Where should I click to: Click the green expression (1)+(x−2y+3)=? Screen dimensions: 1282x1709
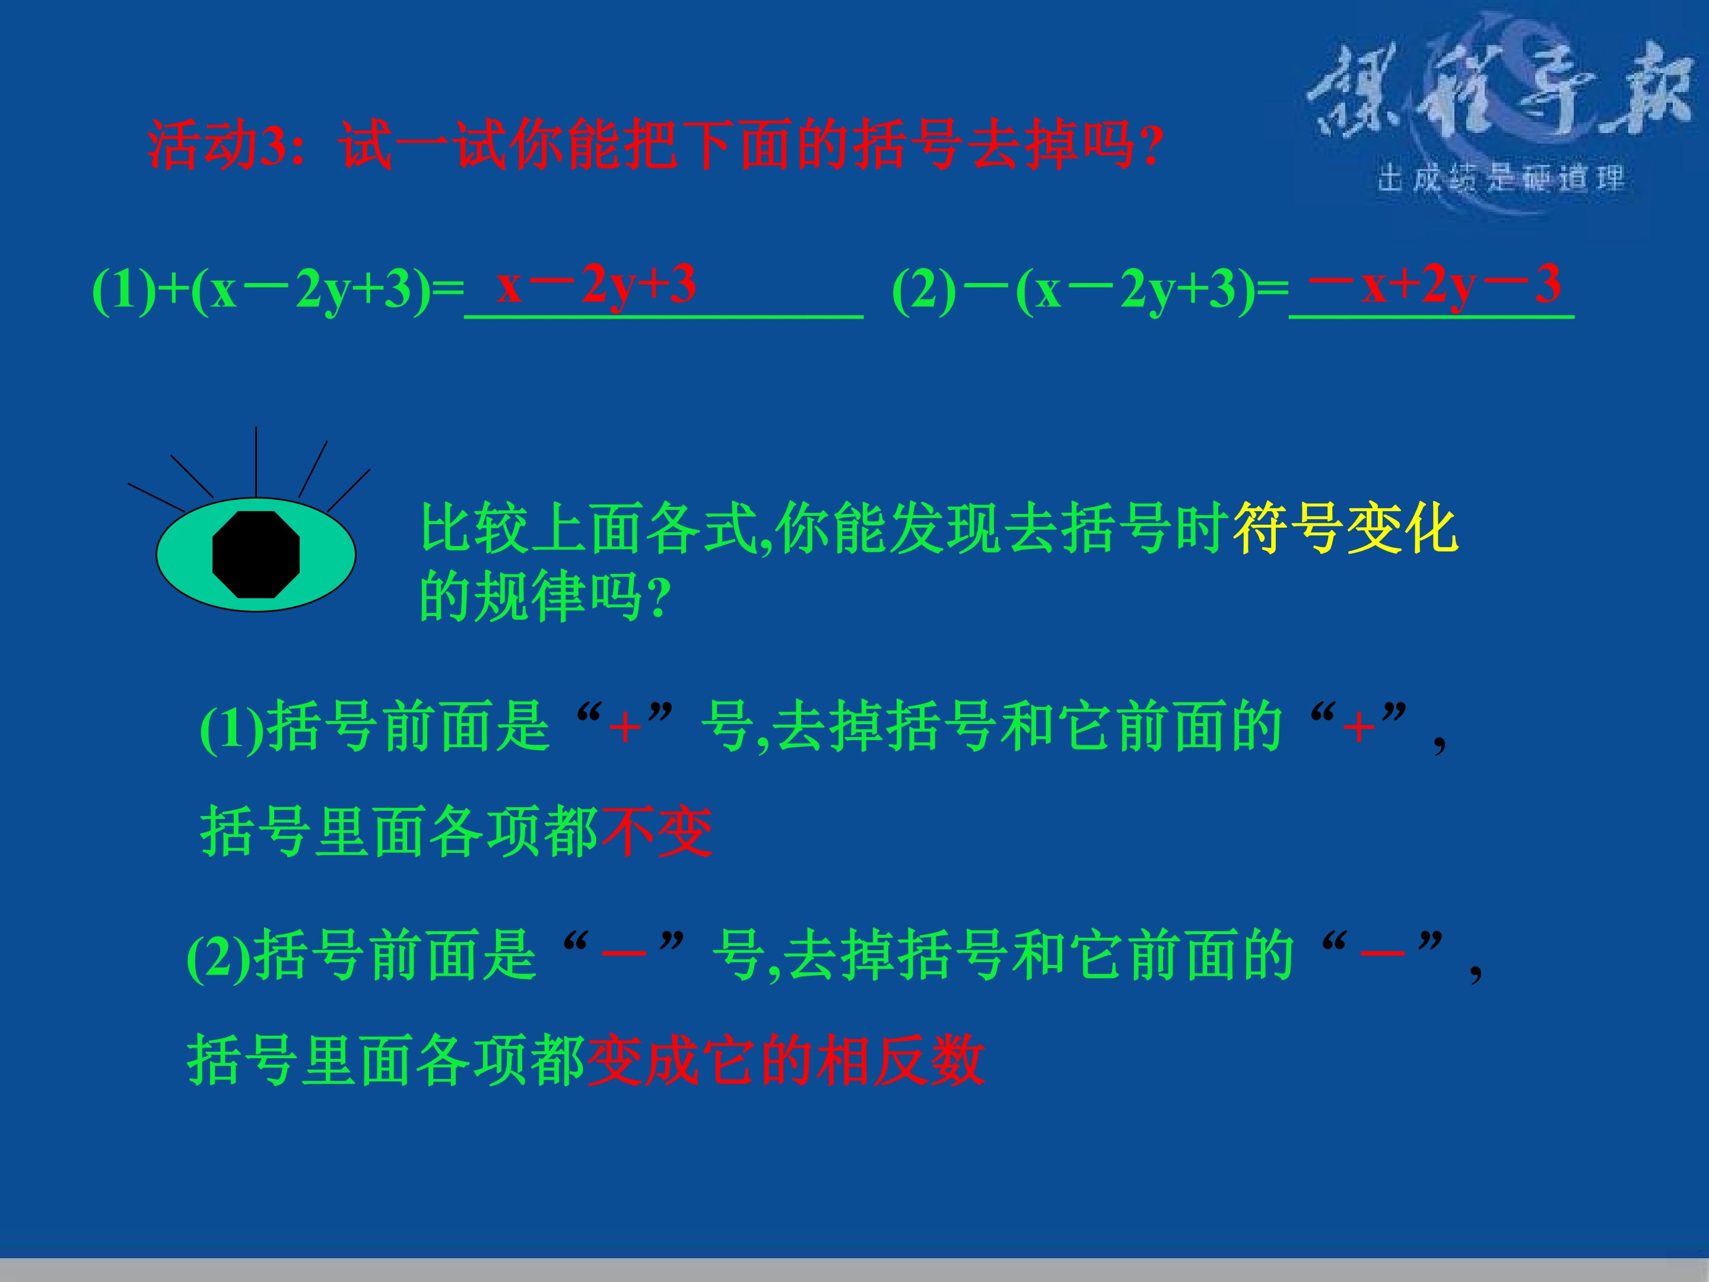coord(278,291)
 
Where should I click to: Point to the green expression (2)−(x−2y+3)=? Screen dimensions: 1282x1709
coord(1089,291)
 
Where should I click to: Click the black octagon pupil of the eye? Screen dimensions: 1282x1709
coord(256,554)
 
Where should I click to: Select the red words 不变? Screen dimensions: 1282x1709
coord(657,832)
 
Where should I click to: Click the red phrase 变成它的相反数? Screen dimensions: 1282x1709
coord(786,1060)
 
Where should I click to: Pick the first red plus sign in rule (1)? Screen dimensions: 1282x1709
coord(625,728)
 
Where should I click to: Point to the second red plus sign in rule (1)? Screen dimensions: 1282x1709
coord(1358,728)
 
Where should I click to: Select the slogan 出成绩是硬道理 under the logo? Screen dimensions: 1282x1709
coord(1500,179)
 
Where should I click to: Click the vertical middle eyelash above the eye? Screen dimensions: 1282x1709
coord(256,461)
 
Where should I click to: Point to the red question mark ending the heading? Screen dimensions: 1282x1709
coord(1151,147)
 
